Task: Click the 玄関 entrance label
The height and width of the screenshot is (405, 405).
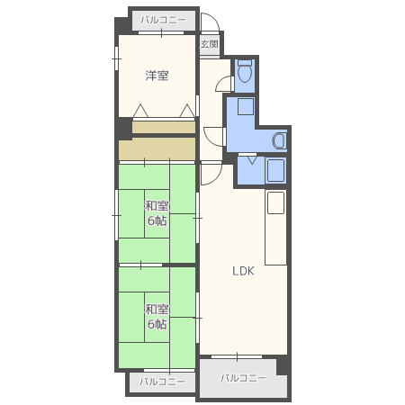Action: pos(209,44)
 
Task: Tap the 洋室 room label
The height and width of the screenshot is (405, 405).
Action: pos(157,76)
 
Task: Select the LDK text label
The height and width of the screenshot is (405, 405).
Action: pos(243,271)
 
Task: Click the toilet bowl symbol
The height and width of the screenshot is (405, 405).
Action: pos(245,72)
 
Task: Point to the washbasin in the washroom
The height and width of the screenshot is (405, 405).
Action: pos(279,140)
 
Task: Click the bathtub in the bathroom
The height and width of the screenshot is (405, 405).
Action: pos(275,170)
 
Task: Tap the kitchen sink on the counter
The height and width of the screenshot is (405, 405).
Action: pos(275,202)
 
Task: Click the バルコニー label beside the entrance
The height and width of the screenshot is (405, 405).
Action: pos(164,20)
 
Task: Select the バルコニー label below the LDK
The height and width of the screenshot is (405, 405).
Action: pos(243,378)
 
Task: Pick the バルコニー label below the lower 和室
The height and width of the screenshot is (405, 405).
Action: pos(162,382)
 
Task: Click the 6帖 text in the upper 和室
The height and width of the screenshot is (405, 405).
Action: pos(157,220)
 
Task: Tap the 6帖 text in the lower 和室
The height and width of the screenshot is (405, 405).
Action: pos(157,324)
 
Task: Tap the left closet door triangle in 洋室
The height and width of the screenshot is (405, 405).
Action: pos(140,111)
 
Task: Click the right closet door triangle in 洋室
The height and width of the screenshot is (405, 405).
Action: pos(187,111)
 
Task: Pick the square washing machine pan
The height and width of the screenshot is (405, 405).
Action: pos(246,106)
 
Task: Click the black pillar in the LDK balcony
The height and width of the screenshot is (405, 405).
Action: pos(283,365)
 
